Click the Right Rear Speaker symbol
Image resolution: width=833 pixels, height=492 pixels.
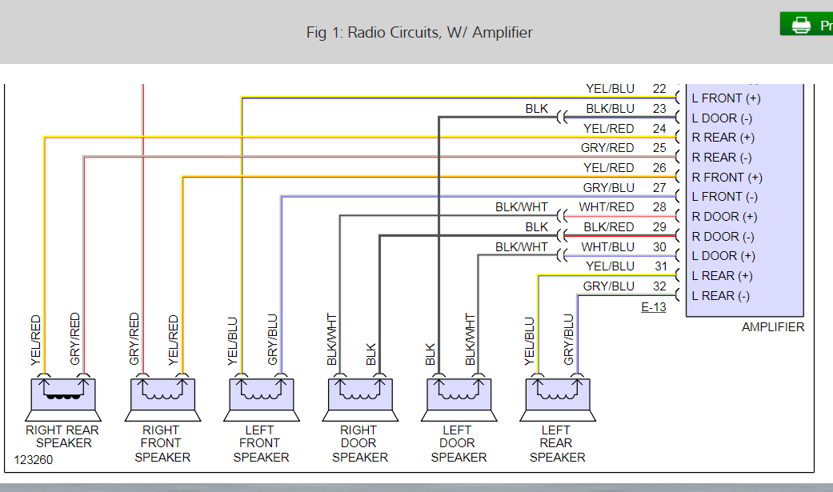pos(62,398)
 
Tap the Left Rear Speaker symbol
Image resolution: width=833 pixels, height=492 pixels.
pos(558,398)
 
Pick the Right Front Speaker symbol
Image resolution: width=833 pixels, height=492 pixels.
pos(162,398)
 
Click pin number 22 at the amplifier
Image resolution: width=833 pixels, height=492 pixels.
pos(659,89)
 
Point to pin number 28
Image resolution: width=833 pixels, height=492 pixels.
pos(659,207)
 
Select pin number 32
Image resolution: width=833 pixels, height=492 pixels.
pos(659,286)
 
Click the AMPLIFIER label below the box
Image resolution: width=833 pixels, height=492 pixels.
pos(772,326)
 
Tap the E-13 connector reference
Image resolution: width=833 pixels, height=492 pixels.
pos(653,306)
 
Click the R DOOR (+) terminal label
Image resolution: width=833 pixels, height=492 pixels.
pos(725,217)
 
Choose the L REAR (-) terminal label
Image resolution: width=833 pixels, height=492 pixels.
pos(720,296)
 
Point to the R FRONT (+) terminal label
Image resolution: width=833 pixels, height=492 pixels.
pos(727,178)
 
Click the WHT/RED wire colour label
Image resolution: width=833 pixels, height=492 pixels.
pos(607,207)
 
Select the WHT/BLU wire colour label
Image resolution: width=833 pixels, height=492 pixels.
pos(607,246)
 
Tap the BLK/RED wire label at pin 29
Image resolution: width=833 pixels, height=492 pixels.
pos(609,227)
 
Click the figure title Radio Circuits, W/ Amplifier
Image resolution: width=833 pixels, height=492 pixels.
pos(419,32)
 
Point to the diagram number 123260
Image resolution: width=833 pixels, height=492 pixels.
pos(33,461)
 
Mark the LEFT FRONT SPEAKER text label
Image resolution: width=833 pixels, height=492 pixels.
pos(261,443)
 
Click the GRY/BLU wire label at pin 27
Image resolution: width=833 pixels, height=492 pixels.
pos(608,188)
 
